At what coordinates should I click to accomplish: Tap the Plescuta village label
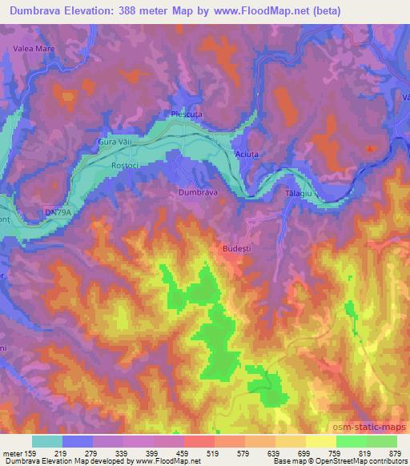[x=186, y=114]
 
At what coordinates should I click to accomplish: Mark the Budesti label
[x=233, y=249]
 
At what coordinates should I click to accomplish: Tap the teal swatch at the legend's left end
[x=46, y=441]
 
